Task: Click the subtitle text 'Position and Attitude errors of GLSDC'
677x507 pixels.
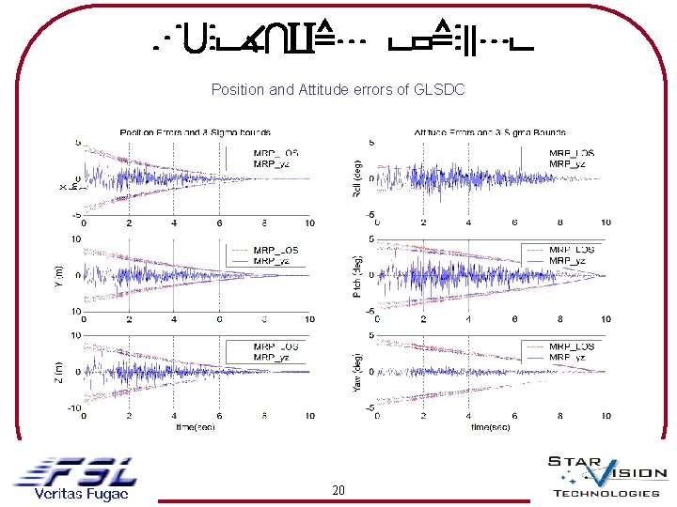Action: [338, 89]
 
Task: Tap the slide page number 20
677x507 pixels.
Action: [338, 490]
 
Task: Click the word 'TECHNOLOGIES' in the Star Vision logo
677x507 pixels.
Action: [606, 494]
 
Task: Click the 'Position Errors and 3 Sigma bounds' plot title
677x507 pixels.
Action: [195, 132]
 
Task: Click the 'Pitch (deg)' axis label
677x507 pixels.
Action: [357, 275]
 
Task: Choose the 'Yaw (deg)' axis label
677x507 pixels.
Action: [357, 373]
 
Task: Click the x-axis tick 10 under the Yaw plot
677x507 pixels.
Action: [606, 415]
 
